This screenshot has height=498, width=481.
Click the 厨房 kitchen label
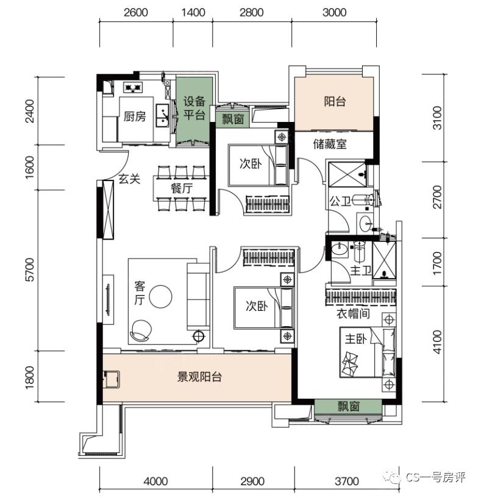point(135,117)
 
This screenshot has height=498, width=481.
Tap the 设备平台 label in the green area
point(194,108)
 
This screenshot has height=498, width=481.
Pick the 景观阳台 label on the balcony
point(199,377)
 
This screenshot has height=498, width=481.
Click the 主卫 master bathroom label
point(359,270)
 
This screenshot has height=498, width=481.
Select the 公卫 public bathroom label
point(340,201)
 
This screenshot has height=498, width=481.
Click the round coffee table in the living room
point(161,297)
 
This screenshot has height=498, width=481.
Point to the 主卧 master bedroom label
point(354,339)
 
